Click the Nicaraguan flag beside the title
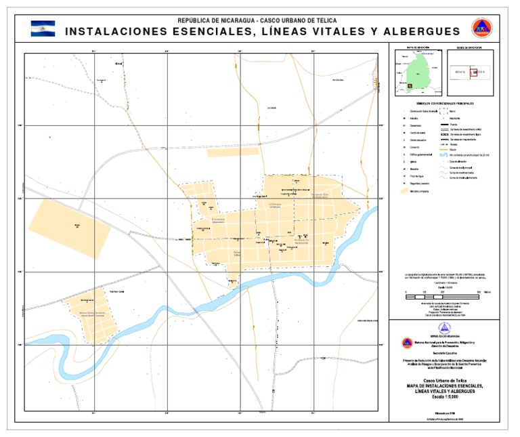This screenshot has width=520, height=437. click(x=43, y=28)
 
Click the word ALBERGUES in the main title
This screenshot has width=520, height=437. click(x=421, y=31)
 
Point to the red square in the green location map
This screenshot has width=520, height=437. click(x=408, y=85)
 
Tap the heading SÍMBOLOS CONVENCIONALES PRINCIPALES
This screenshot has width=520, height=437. click(x=443, y=103)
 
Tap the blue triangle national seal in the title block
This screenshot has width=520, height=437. click(x=444, y=328)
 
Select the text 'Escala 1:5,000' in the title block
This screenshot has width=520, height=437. click(x=444, y=396)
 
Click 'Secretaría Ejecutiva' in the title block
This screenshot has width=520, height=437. click(x=444, y=354)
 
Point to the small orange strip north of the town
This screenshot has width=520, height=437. click(x=232, y=152)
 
